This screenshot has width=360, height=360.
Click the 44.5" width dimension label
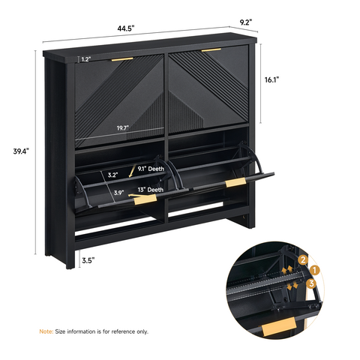(x=126, y=28)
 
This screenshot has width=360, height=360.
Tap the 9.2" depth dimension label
(x=246, y=22)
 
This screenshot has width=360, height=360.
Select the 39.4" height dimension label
(x=21, y=151)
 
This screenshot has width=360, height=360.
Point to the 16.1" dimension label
(x=271, y=79)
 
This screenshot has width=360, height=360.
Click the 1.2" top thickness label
(x=85, y=59)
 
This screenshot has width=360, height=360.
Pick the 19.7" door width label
(x=122, y=128)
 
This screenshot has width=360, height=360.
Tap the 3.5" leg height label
(x=88, y=260)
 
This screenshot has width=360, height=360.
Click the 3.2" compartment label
(x=113, y=175)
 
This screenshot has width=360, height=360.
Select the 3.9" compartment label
(x=119, y=193)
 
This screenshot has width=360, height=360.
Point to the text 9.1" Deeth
(x=151, y=169)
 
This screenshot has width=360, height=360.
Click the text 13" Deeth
(x=151, y=190)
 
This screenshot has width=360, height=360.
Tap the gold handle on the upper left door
(x=122, y=59)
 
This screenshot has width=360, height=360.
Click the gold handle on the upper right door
(x=211, y=50)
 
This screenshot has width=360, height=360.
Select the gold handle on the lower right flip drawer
(x=235, y=182)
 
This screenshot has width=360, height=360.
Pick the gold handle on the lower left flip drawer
(x=145, y=199)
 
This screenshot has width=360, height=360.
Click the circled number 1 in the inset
(x=314, y=271)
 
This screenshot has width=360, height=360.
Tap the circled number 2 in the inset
(x=303, y=260)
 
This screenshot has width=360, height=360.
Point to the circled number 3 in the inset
(x=311, y=283)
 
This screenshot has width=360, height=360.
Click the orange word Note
(x=46, y=331)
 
